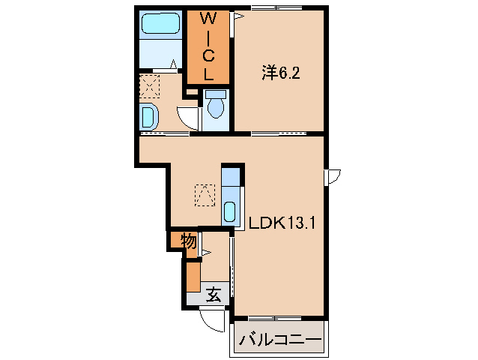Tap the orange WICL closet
click(208, 46)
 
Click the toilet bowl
click(216, 106)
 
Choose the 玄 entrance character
click(214, 295)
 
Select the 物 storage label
click(188, 241)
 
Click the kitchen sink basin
click(231, 211)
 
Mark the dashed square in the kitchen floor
click(203, 195)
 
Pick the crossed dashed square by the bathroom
click(150, 87)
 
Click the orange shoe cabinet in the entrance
click(193, 276)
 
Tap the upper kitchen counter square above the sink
click(231, 179)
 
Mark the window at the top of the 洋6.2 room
click(278, 7)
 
